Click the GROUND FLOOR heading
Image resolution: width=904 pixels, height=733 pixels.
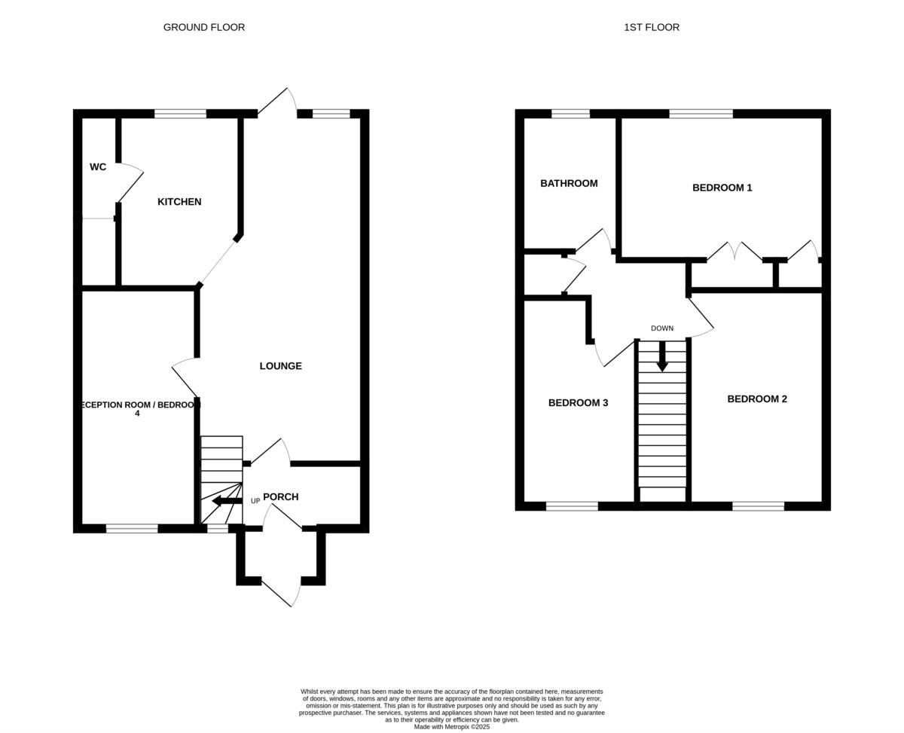[x=204, y=27]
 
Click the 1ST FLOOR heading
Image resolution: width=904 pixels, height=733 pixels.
[x=652, y=27]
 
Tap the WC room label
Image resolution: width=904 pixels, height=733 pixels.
[x=98, y=167]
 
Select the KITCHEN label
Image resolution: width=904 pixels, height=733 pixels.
[x=179, y=202]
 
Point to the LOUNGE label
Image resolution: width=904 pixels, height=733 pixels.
[x=281, y=366]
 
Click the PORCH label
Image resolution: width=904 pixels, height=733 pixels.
[x=281, y=497]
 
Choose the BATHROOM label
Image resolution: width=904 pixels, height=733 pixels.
[x=569, y=183]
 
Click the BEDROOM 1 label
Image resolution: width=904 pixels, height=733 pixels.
[x=722, y=188]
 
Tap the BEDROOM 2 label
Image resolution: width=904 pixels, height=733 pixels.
[x=757, y=399]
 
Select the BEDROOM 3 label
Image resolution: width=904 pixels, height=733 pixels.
[x=578, y=403]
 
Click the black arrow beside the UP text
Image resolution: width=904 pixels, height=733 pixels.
[x=227, y=501]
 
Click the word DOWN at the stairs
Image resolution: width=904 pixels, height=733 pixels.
[x=662, y=328]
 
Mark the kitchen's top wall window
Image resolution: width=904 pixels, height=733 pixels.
[x=180, y=115]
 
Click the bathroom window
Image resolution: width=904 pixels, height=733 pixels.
[x=570, y=115]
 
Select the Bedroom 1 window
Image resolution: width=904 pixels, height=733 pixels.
[x=701, y=115]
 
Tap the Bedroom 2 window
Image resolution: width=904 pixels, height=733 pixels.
[x=758, y=506]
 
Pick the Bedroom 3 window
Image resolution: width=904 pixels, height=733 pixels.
[x=572, y=506]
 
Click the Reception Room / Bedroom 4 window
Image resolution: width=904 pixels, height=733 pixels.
[x=132, y=529]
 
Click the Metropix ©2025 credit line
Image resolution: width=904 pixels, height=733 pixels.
[x=452, y=727]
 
